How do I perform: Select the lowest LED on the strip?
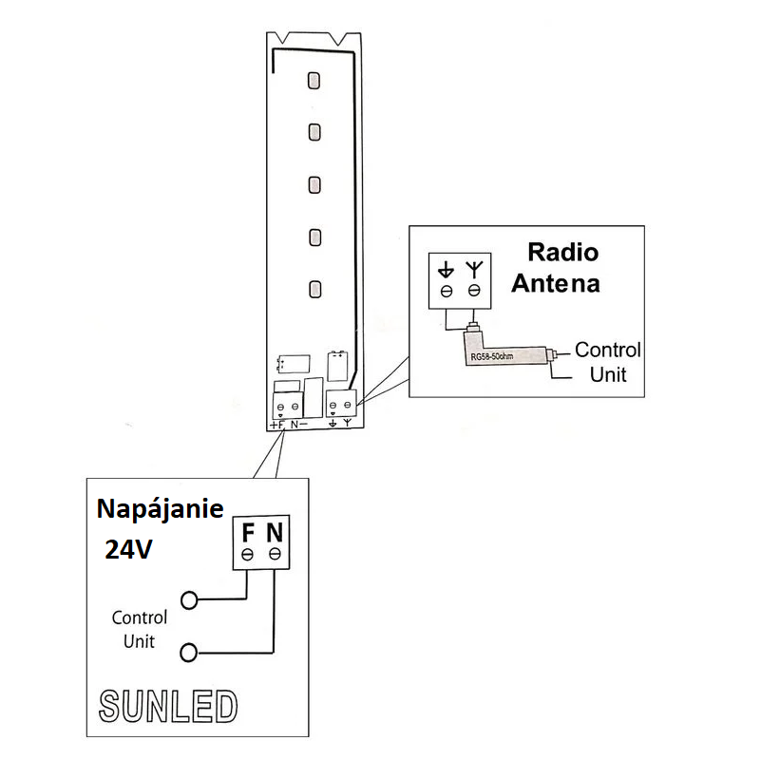pyautogui.click(x=314, y=288)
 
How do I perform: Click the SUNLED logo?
pyautogui.click(x=167, y=706)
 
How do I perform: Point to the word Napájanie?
pyautogui.click(x=161, y=509)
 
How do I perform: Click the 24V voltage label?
pyautogui.click(x=128, y=549)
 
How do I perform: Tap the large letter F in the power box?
pyautogui.click(x=247, y=530)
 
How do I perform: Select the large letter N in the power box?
pyautogui.click(x=275, y=530)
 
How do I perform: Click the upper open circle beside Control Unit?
pyautogui.click(x=190, y=600)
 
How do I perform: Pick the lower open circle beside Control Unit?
pyautogui.click(x=190, y=652)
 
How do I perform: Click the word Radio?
pyautogui.click(x=562, y=253)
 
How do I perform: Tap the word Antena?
pyautogui.click(x=555, y=283)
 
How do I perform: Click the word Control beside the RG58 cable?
pyautogui.click(x=608, y=350)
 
